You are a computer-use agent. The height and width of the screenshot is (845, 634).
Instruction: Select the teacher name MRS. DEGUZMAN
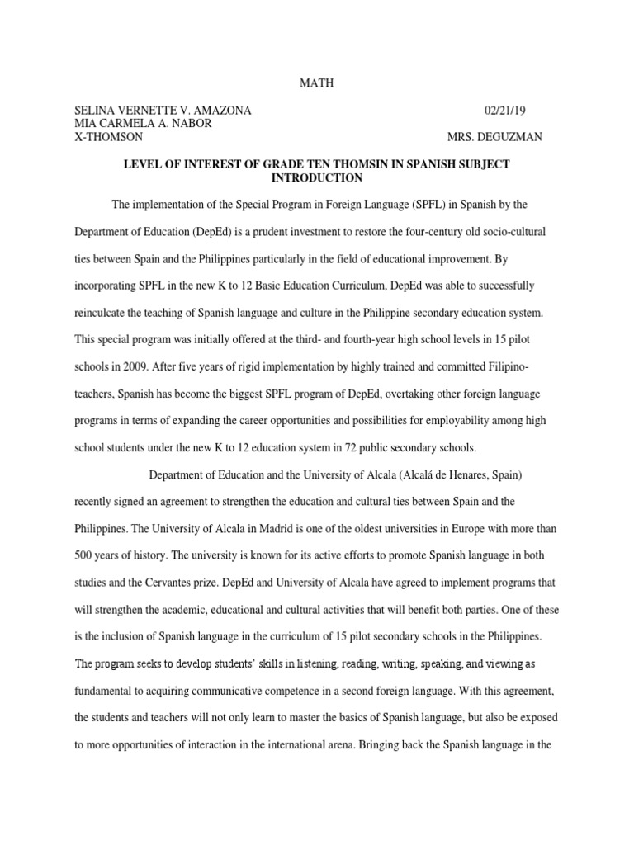click(494, 137)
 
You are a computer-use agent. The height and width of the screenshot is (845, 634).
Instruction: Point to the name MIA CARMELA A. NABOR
click(143, 124)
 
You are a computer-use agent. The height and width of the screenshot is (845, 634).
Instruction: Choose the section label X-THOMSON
click(108, 137)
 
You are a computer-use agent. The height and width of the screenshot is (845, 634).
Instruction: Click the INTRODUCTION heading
click(316, 177)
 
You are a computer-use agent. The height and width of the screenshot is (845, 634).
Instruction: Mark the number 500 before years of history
click(86, 555)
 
